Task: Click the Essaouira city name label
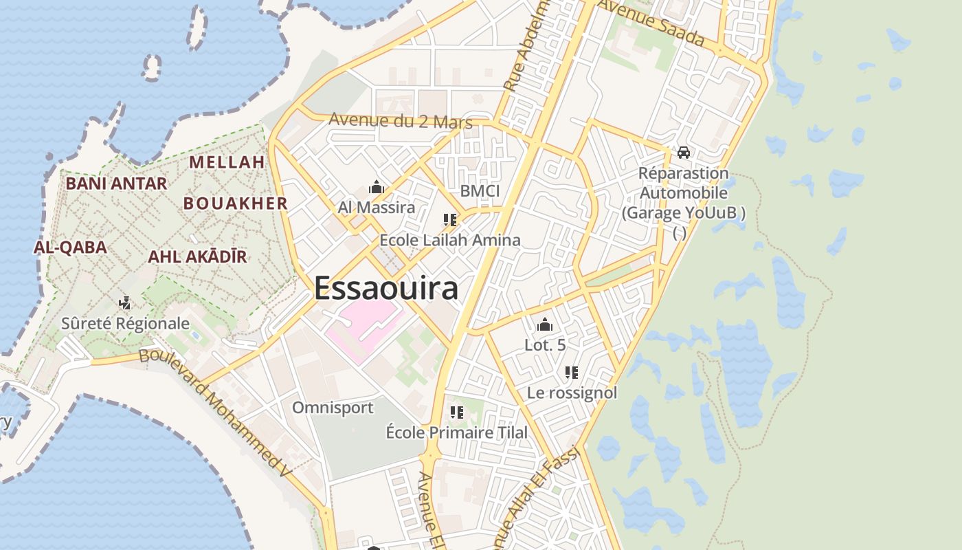[386, 288]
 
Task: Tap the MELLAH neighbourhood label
[227, 162]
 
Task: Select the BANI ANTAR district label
[116, 184]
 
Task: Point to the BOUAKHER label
[235, 203]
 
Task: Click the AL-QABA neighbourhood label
[70, 247]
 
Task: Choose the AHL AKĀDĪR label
[197, 257]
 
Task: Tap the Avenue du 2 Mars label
[401, 121]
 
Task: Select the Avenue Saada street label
[651, 22]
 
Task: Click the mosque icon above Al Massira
[376, 187]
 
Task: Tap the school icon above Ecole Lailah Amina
[450, 220]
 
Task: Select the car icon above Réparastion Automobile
[683, 152]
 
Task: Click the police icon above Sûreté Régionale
[124, 302]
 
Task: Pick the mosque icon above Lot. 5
[544, 324]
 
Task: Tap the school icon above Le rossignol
[571, 373]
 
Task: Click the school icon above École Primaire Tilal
[456, 412]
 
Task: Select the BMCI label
[480, 190]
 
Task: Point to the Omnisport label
[333, 408]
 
